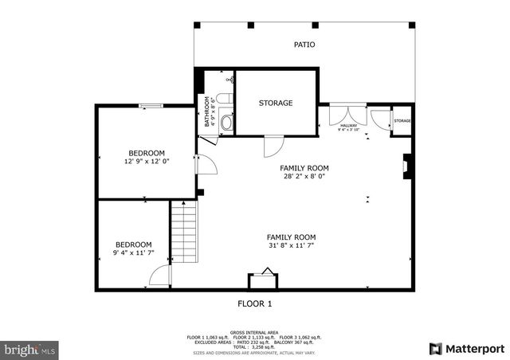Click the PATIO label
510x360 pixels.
pyautogui.click(x=304, y=45)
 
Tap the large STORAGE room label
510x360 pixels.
pyautogui.click(x=276, y=103)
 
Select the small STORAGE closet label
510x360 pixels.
pyautogui.click(x=402, y=121)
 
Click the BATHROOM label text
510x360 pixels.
pyautogui.click(x=207, y=112)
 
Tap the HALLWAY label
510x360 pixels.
pyautogui.click(x=349, y=125)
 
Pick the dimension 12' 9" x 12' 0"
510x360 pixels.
pyautogui.click(x=147, y=161)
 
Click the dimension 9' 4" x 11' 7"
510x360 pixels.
pyautogui.click(x=134, y=252)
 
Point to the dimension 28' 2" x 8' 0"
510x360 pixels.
pyautogui.click(x=304, y=176)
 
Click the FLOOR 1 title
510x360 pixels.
pyautogui.click(x=255, y=303)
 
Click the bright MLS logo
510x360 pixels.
pyautogui.click(x=29, y=349)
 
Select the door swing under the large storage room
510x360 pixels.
pyautogui.click(x=273, y=147)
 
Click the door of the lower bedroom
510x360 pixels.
pyautogui.click(x=160, y=276)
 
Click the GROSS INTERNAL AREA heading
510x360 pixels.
pyautogui.click(x=255, y=332)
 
